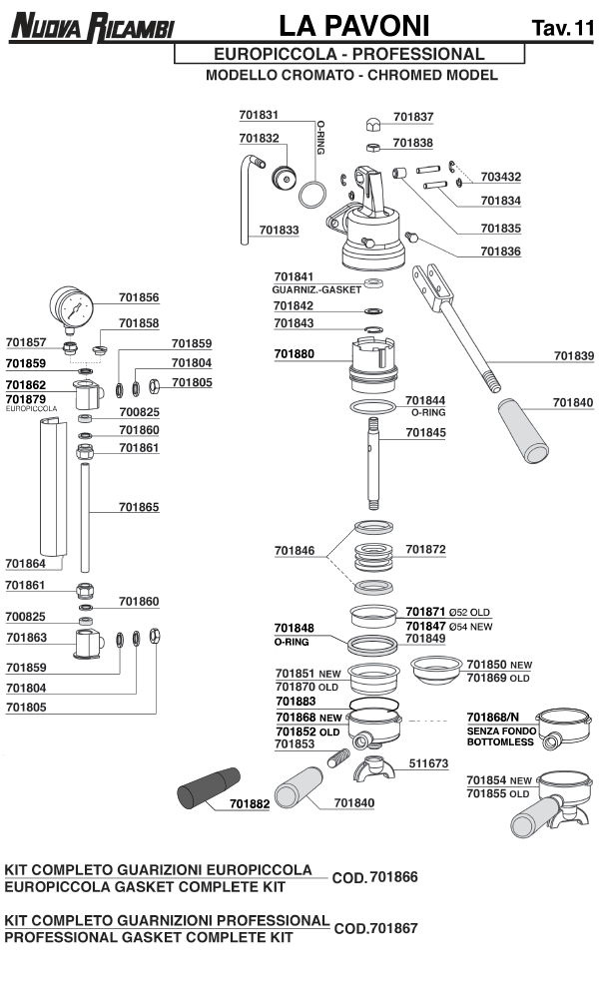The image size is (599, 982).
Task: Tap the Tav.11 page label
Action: pos(562,29)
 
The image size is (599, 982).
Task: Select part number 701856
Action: pos(139,297)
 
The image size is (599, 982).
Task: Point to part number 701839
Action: pos(573,355)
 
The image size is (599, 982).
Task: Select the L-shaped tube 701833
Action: pos(248,200)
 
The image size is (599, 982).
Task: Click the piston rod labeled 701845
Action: pos(375,464)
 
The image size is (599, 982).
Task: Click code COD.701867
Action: pos(375,928)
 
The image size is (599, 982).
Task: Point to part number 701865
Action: pos(139,507)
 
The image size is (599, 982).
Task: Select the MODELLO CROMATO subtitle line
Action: pos(351,76)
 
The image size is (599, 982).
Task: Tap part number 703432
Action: pos(500,177)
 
